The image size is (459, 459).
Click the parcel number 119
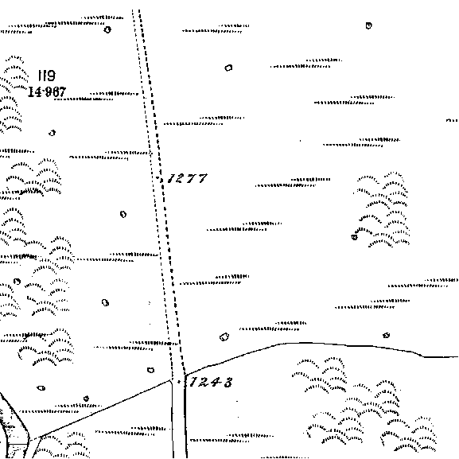coord(47,76)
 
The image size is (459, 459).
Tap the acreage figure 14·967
coord(47,91)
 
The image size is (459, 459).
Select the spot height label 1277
coord(188,178)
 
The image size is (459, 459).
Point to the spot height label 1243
coord(212,382)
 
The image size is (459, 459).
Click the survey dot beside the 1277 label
coord(158,177)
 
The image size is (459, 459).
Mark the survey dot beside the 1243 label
coord(179,382)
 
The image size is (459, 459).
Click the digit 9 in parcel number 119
coord(51,76)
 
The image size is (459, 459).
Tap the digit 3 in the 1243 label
coord(228,383)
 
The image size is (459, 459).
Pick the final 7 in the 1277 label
coord(202,178)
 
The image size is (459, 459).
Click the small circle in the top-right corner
coord(368,25)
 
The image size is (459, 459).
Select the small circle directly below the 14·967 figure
coord(53,133)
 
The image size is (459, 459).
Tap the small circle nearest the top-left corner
coord(107,29)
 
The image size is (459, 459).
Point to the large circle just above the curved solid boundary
coord(224,337)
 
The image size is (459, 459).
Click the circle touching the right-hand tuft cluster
coord(355,237)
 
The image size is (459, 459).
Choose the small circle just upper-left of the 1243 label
coord(150,371)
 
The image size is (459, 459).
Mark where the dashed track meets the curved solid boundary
coord(185,375)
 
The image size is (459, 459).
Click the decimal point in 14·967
coord(43,91)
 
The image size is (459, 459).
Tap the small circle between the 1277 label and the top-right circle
coord(228,68)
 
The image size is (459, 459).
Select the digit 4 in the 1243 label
coord(217,383)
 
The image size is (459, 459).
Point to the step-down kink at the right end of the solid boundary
coord(422,356)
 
